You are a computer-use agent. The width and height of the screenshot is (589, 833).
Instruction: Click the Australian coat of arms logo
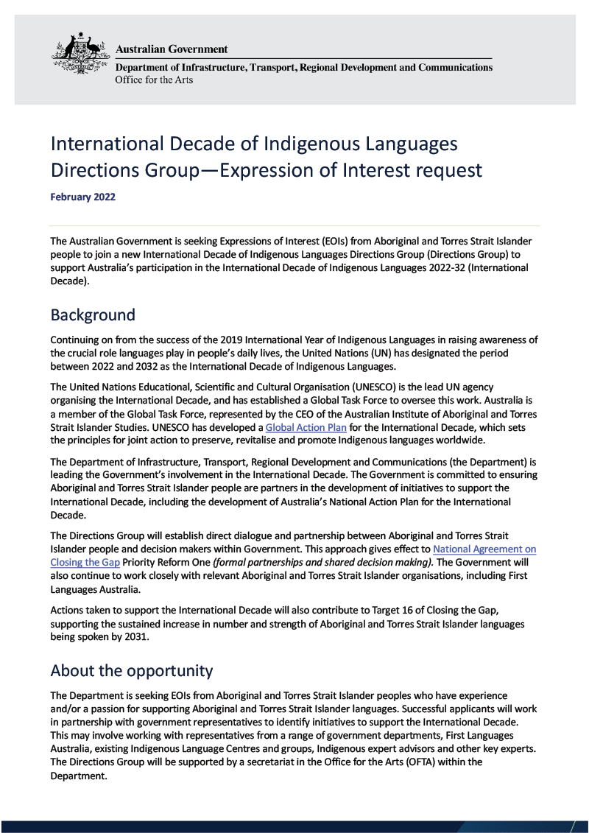pos(80,54)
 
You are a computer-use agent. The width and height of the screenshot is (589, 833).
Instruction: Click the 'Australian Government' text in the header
pos(172,49)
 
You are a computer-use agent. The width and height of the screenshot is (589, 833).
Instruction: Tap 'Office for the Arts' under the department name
pos(154,80)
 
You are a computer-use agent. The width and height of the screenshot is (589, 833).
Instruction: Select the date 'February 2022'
pos(82,197)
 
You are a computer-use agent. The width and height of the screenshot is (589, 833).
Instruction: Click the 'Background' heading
pos(93,315)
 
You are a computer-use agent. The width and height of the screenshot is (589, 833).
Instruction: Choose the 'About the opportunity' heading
pos(131,671)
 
